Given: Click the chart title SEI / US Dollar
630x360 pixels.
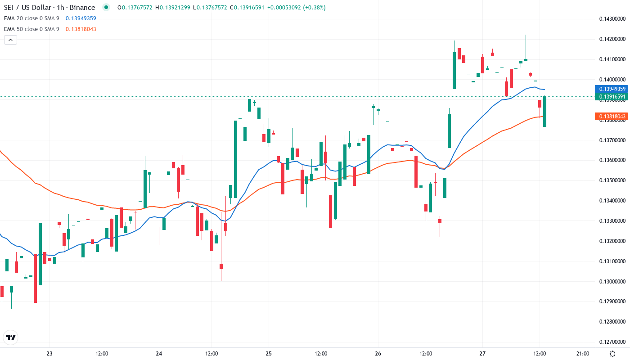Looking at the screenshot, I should coord(27,8).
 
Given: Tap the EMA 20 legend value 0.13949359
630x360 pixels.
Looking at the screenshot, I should coord(81,18).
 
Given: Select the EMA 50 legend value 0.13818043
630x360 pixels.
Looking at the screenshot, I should coord(81,29).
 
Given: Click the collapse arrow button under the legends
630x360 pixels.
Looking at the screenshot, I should coord(10,40).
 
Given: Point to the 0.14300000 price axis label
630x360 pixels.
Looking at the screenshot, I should coord(612,19).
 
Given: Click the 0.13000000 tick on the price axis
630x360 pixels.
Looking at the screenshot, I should coord(612,282).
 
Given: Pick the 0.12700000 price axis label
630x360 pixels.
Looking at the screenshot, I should coord(612,342).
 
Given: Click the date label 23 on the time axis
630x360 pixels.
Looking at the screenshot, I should coord(49,354).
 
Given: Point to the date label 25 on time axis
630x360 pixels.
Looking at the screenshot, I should coord(269,354).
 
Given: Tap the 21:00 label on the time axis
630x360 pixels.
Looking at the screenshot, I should coord(583,354).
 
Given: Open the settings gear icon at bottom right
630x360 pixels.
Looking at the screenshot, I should coord(612,354).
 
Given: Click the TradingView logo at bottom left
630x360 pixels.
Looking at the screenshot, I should coord(10,337).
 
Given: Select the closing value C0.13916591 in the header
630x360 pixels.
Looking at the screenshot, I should coord(247,8).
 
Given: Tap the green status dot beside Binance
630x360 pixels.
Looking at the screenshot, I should coord(106,8).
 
